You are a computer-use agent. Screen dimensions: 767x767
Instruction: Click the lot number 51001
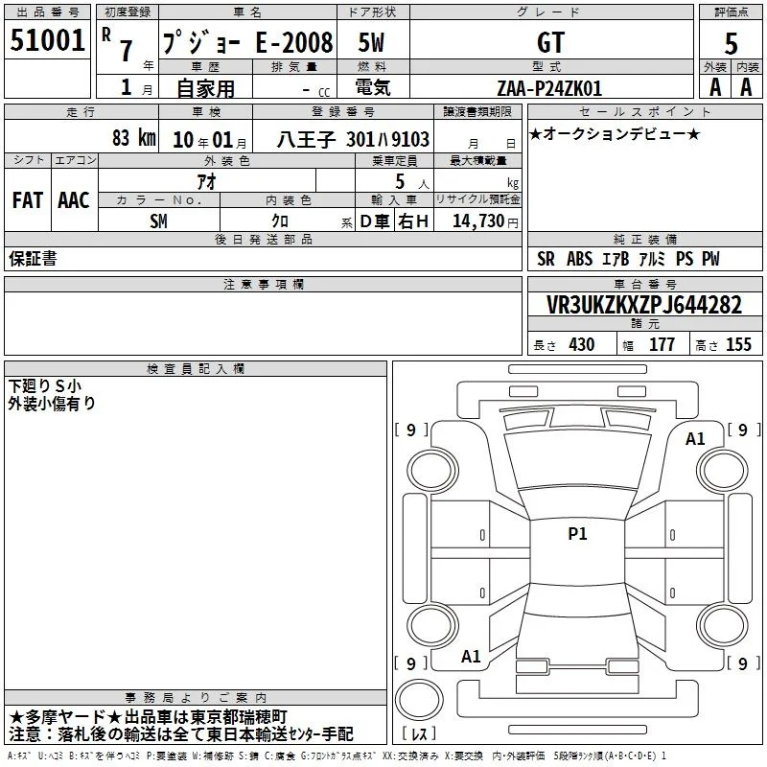[x=47, y=40]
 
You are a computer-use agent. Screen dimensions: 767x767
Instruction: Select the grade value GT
[x=550, y=42]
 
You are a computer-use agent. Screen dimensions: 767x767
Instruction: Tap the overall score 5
[x=731, y=43]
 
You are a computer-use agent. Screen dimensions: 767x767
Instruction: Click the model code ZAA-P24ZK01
[x=549, y=88]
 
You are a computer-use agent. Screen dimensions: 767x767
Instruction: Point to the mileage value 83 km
[x=134, y=137]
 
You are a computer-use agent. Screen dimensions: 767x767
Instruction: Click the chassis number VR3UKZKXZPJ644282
[x=644, y=305]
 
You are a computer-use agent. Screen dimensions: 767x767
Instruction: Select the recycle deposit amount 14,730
[x=478, y=221]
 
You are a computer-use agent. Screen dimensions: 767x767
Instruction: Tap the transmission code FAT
[x=28, y=200]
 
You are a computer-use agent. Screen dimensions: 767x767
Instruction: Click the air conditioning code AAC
[x=74, y=200]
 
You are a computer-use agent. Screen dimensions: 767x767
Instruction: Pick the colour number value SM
[x=158, y=221]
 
